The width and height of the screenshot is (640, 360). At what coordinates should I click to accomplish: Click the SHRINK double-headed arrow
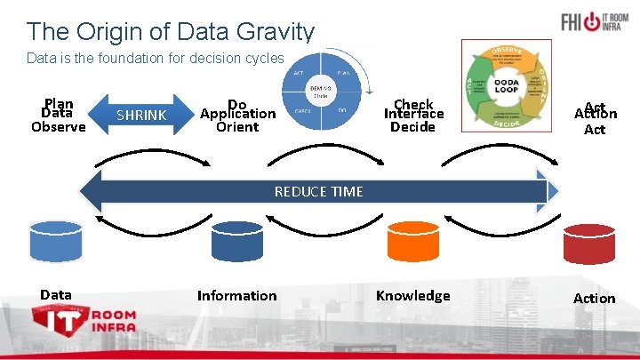coord(141,116)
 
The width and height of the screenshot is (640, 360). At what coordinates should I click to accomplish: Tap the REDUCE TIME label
coord(318,191)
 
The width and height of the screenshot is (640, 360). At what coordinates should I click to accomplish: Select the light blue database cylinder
coord(55,239)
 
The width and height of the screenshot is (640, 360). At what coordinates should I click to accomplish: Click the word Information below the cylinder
coord(236,295)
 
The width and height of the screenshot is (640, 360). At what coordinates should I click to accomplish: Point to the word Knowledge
coord(412,295)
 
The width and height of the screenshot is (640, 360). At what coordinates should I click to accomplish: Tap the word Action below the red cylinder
coord(594,298)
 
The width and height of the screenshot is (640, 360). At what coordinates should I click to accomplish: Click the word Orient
coord(237,127)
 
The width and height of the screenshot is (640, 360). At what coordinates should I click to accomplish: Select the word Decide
coord(412,127)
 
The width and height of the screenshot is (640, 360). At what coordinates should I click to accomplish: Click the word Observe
coord(58,127)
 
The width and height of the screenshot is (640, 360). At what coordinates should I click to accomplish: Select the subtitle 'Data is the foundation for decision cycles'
coord(156,59)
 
